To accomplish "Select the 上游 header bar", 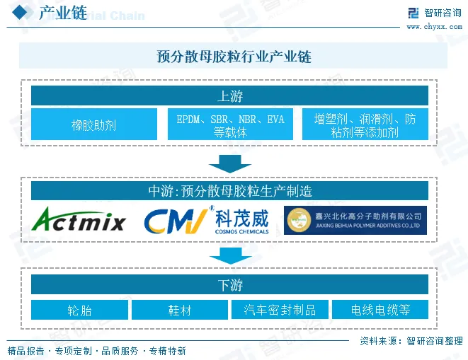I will point(229,96).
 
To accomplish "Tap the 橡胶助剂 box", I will point(94,124).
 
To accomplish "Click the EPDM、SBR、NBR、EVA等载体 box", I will point(230,124).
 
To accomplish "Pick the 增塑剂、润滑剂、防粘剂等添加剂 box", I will point(365,124).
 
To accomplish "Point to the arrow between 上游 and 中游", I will point(230,163).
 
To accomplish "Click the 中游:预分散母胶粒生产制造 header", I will point(229,191).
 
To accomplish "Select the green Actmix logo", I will point(80,221).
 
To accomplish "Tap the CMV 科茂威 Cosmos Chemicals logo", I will point(207,221).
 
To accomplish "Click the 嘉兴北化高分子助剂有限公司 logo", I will point(355,221).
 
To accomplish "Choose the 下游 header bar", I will point(229,285).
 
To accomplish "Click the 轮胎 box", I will point(80,310).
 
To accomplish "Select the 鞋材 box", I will point(180,310).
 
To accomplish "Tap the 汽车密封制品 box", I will point(280,310).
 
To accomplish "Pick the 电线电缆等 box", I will point(380,310).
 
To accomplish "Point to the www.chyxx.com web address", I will point(433,27).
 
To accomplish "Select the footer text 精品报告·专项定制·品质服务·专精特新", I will point(97,350).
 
